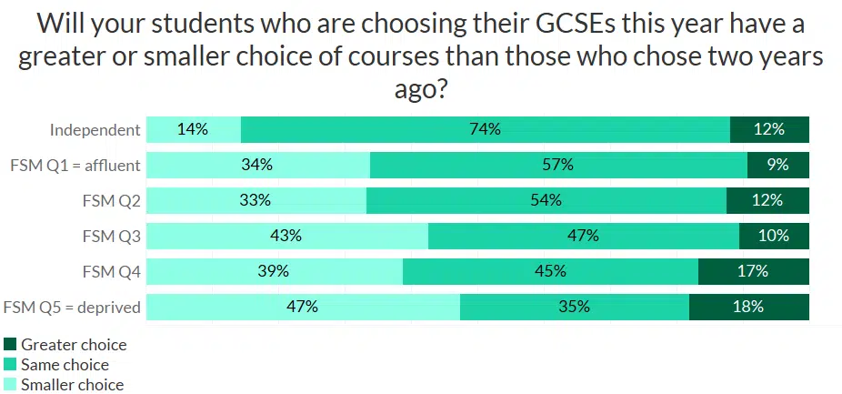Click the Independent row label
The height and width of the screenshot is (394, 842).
click(x=95, y=129)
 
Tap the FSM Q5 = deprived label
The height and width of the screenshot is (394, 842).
click(x=73, y=307)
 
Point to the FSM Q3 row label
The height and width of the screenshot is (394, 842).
click(x=111, y=236)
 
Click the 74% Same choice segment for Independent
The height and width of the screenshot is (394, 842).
click(x=486, y=129)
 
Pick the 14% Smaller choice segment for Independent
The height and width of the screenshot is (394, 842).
click(x=193, y=129)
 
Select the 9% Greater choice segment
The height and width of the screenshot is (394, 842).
click(x=777, y=165)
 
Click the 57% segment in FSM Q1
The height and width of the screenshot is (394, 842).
click(x=558, y=165)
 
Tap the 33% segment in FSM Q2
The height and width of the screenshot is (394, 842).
click(x=256, y=200)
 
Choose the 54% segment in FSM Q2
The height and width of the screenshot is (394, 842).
click(x=546, y=200)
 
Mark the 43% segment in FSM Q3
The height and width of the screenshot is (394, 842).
click(x=286, y=236)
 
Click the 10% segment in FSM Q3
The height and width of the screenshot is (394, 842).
click(x=774, y=236)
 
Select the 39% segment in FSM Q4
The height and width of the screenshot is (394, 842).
click(x=274, y=271)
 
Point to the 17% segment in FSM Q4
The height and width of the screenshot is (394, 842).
click(x=753, y=271)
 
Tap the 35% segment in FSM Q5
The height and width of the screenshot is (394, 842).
click(x=574, y=307)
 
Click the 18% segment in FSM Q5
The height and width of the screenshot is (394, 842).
click(x=748, y=307)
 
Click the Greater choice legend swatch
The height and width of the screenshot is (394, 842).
click(x=11, y=345)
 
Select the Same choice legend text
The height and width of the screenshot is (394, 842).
click(x=65, y=365)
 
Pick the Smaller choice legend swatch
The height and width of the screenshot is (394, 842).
click(x=11, y=384)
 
